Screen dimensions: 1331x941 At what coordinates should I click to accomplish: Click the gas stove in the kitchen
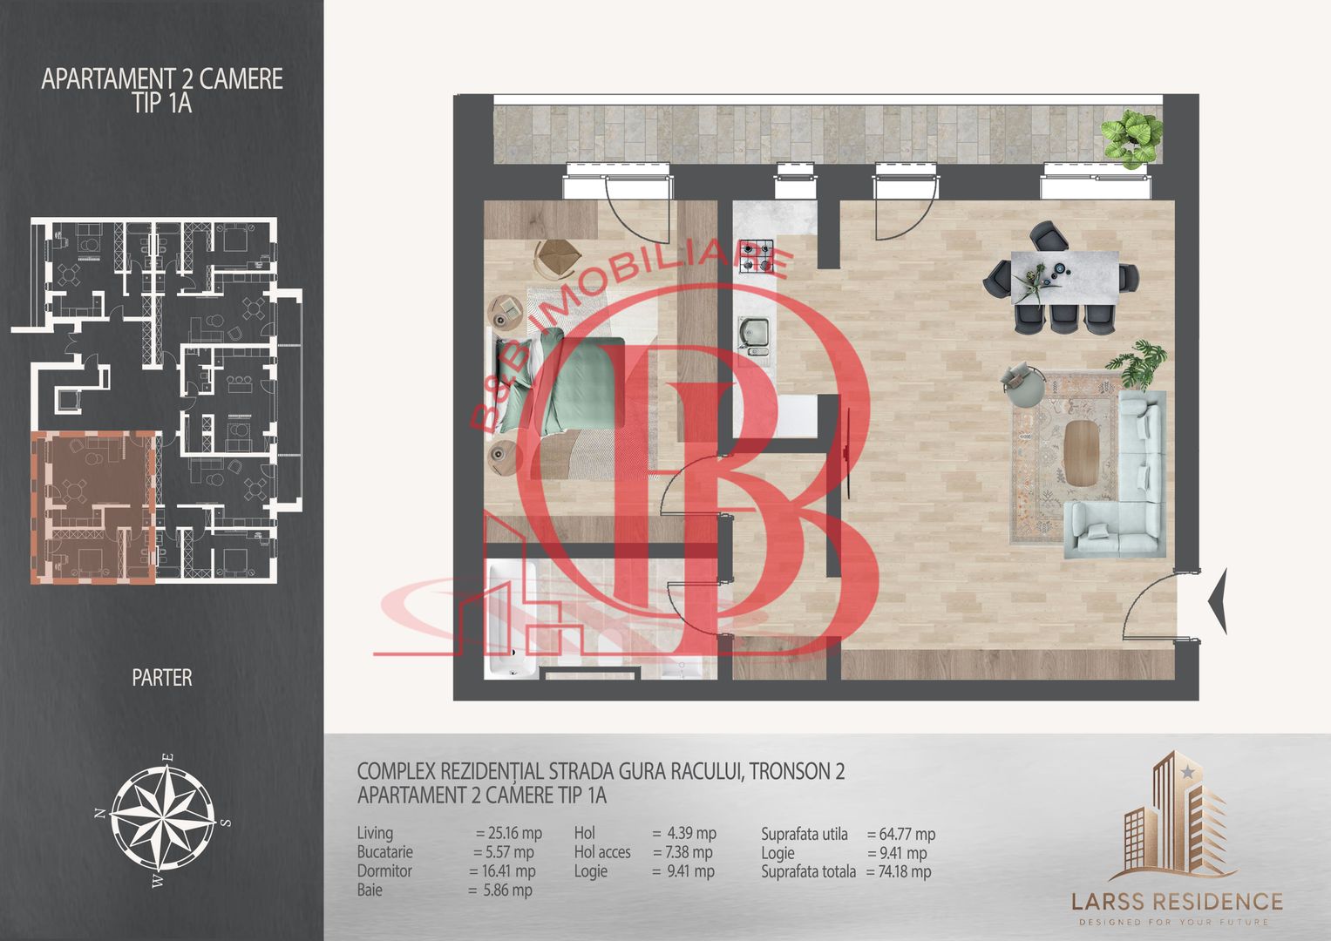756,255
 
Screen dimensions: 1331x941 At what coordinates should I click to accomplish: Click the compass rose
163,823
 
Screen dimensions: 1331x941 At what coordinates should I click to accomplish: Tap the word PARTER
162,678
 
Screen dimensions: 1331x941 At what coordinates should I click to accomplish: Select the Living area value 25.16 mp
514,833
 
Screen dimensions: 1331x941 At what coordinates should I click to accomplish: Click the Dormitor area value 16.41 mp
508,871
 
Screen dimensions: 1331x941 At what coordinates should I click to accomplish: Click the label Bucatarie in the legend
385,852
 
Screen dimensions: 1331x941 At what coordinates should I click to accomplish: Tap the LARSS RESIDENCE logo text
1177,901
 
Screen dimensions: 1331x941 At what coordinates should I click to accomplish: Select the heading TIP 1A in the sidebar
162,103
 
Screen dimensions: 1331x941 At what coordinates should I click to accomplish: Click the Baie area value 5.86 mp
506,890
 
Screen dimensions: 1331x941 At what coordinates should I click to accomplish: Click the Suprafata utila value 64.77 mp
907,834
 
